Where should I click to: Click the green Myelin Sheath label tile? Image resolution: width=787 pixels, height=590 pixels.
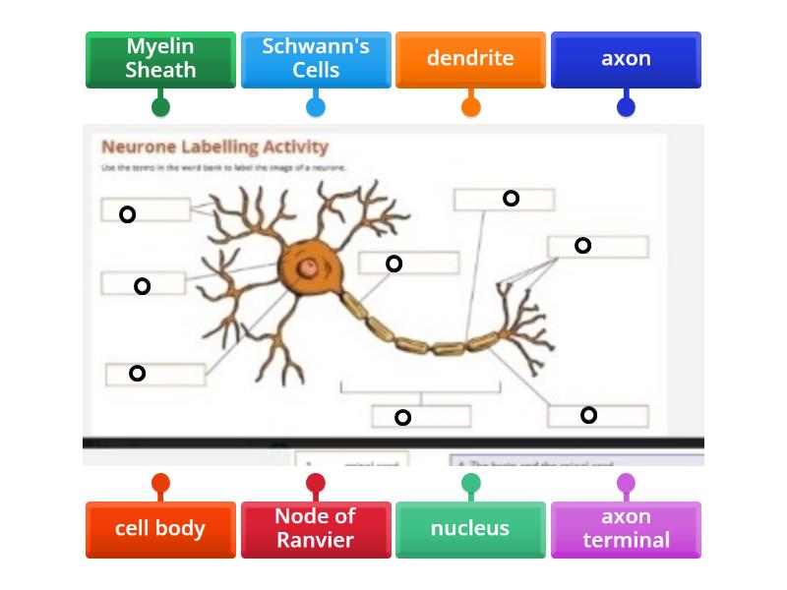[160, 59]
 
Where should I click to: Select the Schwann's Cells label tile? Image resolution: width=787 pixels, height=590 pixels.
[316, 59]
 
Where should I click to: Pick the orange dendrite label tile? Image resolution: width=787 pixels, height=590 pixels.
[470, 59]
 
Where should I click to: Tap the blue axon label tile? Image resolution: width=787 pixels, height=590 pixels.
[626, 59]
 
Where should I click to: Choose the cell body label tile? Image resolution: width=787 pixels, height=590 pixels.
[160, 529]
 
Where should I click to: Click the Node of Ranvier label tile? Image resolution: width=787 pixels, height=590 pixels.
[316, 529]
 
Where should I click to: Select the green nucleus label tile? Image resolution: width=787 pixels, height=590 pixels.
[470, 529]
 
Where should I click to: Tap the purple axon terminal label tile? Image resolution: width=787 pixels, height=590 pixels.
[626, 529]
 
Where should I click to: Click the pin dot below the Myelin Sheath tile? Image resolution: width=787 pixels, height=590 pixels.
[160, 106]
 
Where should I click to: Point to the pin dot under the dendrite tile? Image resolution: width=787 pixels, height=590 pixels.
[470, 106]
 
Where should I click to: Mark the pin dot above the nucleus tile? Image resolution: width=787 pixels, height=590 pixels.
[470, 483]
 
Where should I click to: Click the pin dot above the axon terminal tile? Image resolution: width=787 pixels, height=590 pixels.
[626, 483]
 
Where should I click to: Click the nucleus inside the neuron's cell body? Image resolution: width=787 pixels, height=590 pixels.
[309, 266]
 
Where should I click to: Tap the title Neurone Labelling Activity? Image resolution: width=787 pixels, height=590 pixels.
[214, 147]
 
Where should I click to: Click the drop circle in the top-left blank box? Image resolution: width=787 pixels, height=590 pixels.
[127, 214]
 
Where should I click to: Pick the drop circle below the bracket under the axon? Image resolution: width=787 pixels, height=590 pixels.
[402, 418]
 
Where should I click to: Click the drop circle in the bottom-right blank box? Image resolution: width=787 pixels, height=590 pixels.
[588, 415]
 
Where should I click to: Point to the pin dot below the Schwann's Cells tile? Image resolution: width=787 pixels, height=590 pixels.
[316, 106]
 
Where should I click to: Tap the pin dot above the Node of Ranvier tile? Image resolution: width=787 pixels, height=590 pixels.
[316, 483]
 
